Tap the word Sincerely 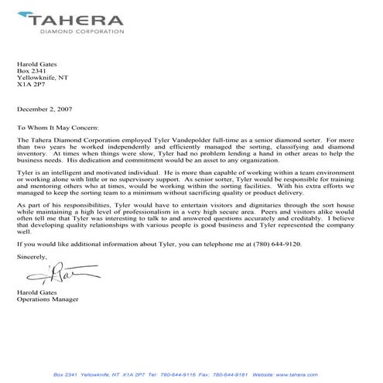(32, 277)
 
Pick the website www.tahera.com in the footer (314, 374)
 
